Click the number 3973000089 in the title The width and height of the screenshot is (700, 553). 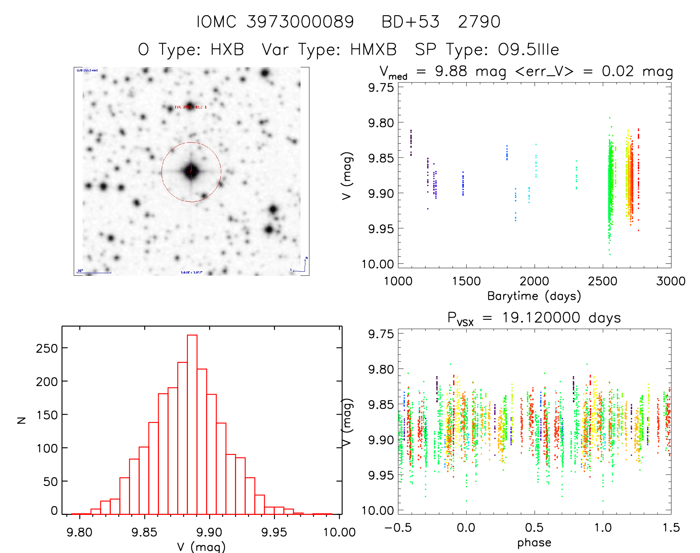point(300,22)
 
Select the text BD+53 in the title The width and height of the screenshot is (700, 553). point(410,22)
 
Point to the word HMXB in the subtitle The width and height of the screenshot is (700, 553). point(373,50)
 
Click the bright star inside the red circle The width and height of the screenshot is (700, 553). point(191,171)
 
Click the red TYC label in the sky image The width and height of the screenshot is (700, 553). point(190,107)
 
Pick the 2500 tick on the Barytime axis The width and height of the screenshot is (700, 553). point(603,281)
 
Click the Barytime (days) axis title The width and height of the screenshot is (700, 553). point(534,296)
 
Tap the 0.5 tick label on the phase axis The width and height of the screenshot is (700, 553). point(534,527)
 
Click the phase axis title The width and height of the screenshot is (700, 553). point(534,543)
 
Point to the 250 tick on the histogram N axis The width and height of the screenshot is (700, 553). point(47,348)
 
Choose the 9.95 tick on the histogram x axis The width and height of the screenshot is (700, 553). point(274,532)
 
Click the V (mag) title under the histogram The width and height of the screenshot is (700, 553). point(201,547)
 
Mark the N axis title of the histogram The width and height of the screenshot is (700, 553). point(22,420)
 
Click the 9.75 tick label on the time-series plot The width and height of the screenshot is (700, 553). point(381,88)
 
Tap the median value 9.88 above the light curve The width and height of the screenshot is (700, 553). point(451,71)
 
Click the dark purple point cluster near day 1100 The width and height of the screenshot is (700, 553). point(411,142)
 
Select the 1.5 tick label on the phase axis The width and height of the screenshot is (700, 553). point(671,527)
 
